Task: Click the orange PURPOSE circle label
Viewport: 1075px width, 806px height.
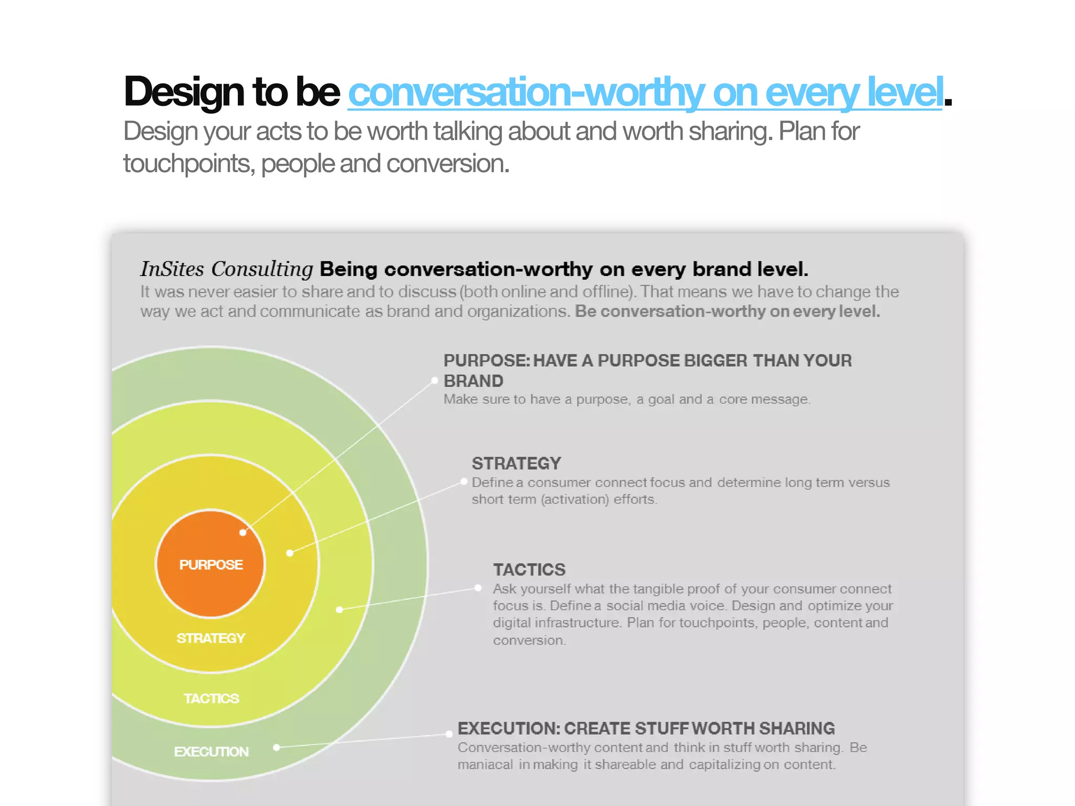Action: tap(210, 565)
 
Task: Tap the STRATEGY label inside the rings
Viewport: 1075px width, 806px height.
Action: tap(210, 638)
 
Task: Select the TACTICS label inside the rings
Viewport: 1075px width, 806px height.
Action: tap(211, 698)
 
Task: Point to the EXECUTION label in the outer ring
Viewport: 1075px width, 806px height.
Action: tap(211, 751)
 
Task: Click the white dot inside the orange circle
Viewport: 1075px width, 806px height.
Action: tap(243, 533)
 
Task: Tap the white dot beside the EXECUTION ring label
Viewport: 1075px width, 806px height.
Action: tap(277, 747)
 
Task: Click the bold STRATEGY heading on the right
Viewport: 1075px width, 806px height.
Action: tap(516, 463)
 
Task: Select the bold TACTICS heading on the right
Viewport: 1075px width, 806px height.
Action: tap(529, 569)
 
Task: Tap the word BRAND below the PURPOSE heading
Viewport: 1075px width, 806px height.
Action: tap(473, 381)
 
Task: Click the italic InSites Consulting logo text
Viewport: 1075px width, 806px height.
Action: tap(226, 269)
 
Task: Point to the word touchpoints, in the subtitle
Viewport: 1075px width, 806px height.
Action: tap(189, 164)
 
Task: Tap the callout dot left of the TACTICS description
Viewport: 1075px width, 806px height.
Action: tap(478, 588)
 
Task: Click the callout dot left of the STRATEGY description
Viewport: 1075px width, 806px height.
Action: tap(463, 481)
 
